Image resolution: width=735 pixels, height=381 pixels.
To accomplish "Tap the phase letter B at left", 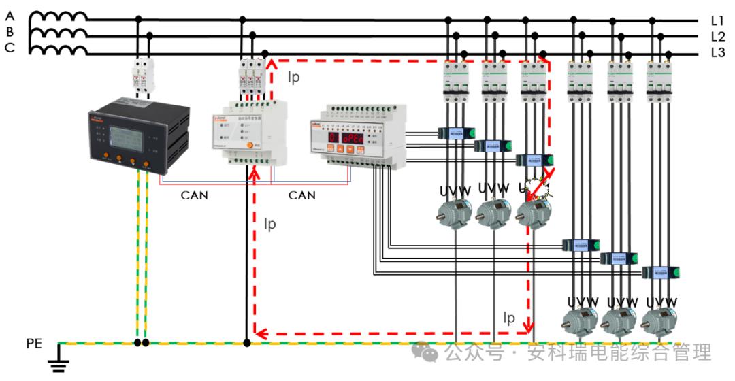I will (10, 31).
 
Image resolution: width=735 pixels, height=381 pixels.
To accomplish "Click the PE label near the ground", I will (34, 344).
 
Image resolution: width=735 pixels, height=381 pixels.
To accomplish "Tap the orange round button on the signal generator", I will (249, 145).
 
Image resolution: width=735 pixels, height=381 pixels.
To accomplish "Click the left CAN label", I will (194, 195).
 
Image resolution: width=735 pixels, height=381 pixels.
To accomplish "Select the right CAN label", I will (301, 195).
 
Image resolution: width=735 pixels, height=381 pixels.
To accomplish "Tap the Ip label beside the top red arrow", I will (293, 77).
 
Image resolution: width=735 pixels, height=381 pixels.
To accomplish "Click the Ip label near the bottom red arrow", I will (509, 318).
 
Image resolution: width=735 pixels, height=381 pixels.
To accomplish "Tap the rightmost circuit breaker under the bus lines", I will (659, 82).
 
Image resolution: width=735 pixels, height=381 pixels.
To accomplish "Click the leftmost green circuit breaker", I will (453, 82).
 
